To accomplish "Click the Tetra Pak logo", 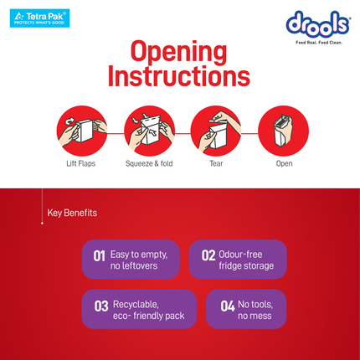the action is click(x=39, y=18).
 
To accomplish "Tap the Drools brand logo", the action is click(x=318, y=24).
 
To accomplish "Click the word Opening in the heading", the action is click(x=178, y=52).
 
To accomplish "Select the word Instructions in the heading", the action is click(x=179, y=76).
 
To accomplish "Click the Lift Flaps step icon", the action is click(x=82, y=131).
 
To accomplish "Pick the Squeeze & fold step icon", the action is click(x=149, y=131).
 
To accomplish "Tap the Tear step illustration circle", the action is click(x=216, y=131).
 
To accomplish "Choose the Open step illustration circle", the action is click(x=283, y=131).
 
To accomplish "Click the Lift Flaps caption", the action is click(x=81, y=163).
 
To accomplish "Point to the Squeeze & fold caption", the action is click(x=149, y=163).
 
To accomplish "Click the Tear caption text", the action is click(x=216, y=163).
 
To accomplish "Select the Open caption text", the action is click(x=284, y=164).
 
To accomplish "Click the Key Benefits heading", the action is click(x=72, y=213).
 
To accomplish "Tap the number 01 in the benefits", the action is click(x=99, y=256).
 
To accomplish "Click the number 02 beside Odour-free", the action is click(x=208, y=255).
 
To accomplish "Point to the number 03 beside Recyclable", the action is click(x=101, y=306).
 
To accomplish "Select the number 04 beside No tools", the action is click(x=228, y=306).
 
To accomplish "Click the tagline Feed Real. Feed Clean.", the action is click(x=319, y=43).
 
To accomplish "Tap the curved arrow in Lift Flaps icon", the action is click(x=69, y=121).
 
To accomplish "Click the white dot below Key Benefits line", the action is click(x=42, y=224).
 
